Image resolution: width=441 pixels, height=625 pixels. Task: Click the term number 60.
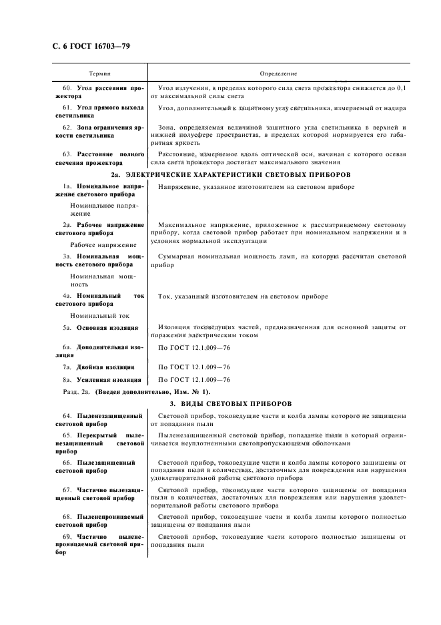(67, 88)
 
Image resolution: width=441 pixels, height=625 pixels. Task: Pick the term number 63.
(67, 154)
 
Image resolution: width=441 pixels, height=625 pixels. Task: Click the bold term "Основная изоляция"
(107, 328)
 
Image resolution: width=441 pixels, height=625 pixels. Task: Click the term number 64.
(67, 415)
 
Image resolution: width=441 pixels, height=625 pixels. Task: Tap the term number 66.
(67, 462)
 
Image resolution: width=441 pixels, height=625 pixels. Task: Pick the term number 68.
(67, 517)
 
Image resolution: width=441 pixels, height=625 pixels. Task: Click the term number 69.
(67, 537)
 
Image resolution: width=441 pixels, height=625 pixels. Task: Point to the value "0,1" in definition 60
(400, 88)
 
